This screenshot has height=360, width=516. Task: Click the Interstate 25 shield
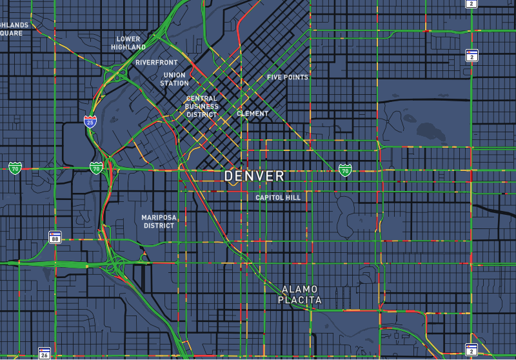90,120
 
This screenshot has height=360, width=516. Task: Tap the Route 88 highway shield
55,237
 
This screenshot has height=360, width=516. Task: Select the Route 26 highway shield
44,353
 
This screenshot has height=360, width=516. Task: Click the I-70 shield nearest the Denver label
345,170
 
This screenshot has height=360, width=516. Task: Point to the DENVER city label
254,176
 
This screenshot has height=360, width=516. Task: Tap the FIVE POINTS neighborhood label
288,77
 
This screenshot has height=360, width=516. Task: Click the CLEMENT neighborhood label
253,114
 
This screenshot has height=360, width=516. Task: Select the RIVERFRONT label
156,63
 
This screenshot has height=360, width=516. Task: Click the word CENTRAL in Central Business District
201,99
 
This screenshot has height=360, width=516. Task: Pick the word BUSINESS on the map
201,106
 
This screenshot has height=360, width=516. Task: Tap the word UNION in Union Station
174,75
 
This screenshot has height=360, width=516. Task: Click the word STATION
174,83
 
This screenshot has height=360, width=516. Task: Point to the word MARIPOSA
159,218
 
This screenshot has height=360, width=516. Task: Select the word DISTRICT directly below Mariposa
159,226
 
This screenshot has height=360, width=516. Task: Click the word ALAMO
300,289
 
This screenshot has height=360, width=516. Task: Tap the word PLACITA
300,300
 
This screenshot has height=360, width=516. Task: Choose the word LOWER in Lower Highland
128,39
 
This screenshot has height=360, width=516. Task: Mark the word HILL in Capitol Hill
293,197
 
